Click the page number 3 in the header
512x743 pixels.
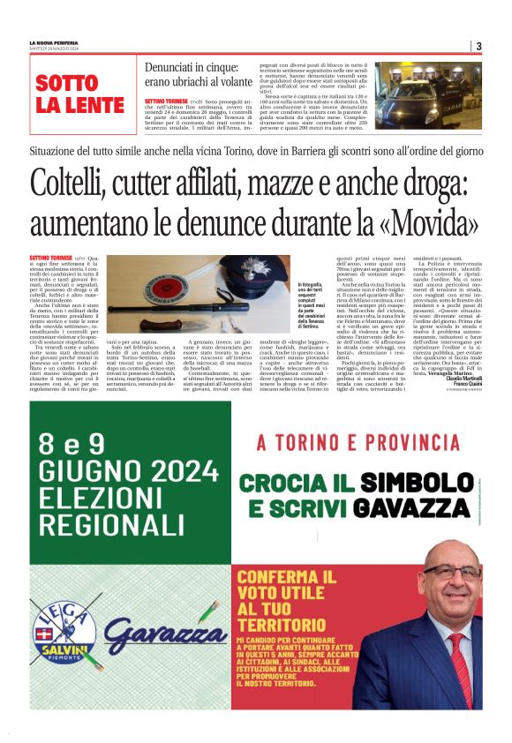click(x=478, y=46)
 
